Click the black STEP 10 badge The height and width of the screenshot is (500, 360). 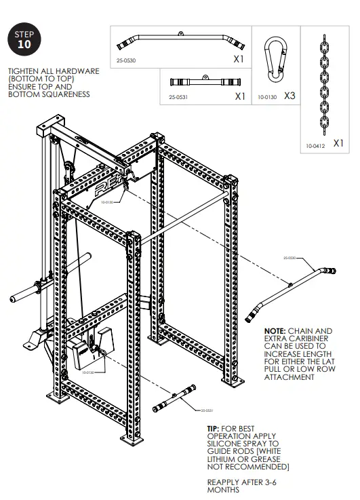(24, 40)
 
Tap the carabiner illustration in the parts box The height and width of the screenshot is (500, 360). (273, 56)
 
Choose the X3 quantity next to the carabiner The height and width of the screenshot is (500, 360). (289, 96)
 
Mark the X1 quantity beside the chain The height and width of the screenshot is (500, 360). (339, 144)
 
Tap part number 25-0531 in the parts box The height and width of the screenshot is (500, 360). (178, 98)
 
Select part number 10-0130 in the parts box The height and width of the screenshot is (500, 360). (266, 98)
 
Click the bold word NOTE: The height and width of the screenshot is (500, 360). (277, 330)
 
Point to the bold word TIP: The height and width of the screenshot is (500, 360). (214, 429)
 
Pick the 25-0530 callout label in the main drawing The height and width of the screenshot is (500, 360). (289, 258)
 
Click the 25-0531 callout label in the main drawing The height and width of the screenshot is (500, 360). (207, 410)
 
